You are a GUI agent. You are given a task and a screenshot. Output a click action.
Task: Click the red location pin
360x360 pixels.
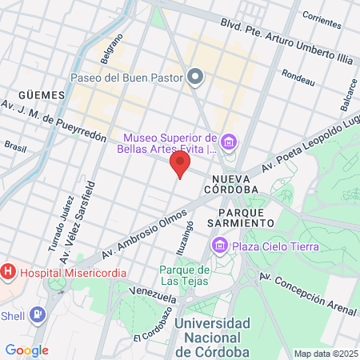[180, 164]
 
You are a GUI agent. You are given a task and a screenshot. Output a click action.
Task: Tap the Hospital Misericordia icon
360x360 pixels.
[9, 272]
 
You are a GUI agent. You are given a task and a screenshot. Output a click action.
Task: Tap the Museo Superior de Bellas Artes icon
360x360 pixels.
[230, 142]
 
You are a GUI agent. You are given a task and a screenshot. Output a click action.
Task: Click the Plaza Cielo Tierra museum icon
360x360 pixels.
[220, 246]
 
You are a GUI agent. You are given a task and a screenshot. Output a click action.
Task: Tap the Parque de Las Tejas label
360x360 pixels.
[184, 275]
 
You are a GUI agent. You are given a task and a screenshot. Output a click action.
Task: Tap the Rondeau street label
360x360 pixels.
[298, 78]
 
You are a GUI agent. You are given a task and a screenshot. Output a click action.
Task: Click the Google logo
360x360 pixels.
[26, 350]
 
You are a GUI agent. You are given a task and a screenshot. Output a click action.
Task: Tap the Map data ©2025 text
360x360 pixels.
[325, 354]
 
